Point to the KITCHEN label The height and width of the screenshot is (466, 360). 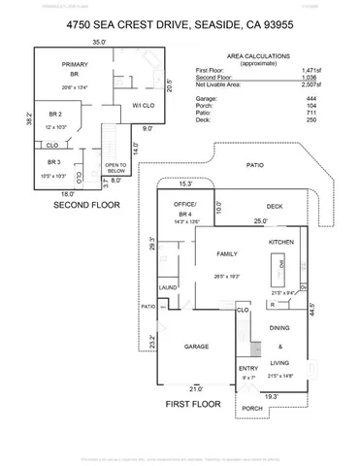[281, 241]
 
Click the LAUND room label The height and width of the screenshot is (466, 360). [167, 287]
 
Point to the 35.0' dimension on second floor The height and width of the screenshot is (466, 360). [99, 43]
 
